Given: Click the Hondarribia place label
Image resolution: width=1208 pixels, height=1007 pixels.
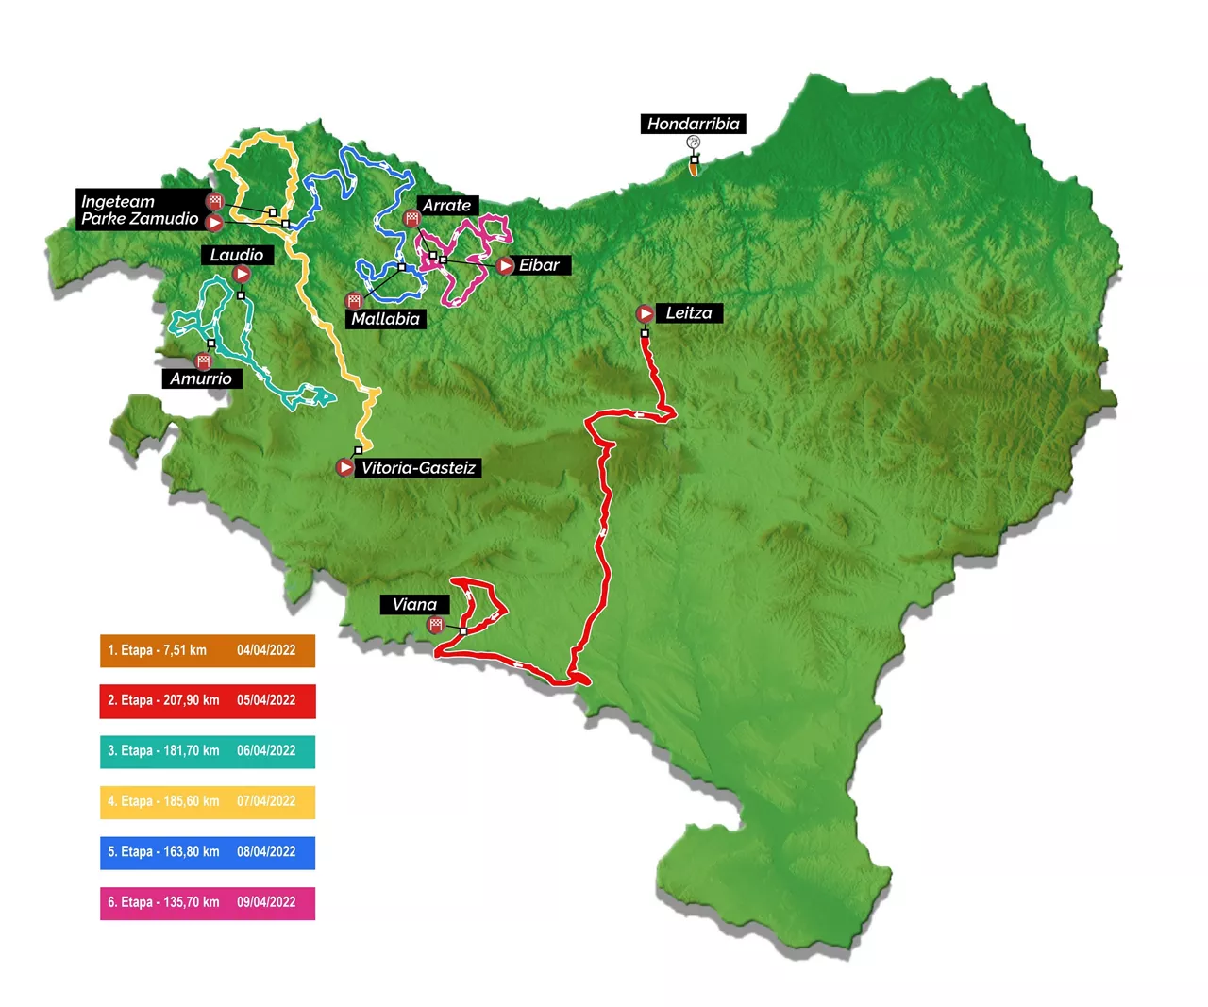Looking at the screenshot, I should point(693,124).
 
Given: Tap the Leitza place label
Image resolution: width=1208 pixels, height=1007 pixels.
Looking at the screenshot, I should point(689,313).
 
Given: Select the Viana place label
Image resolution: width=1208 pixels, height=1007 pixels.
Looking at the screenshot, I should point(414,605).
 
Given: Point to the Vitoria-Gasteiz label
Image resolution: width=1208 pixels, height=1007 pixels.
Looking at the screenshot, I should point(418,468).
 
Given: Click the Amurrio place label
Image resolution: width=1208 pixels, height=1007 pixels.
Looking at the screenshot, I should point(201,378).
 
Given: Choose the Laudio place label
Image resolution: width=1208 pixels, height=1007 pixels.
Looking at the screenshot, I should point(237,255).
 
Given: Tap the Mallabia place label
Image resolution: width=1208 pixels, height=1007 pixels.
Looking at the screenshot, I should point(385,319).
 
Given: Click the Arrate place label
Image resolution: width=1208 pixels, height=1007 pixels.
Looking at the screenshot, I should point(446,205).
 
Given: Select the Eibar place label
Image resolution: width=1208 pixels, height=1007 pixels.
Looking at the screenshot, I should point(539,265).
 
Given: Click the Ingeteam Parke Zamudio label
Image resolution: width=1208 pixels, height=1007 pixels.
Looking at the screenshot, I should point(139,210).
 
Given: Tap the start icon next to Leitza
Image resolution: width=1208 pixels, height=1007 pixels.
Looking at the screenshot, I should point(645,313).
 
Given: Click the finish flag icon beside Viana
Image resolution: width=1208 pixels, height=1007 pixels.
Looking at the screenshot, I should point(435,625).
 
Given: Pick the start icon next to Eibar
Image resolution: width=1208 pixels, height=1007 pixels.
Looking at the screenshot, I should point(506,266).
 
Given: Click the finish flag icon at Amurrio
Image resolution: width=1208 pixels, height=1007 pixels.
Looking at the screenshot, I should point(203,361).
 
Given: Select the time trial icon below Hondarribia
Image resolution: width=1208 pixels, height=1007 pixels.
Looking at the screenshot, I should point(694,143).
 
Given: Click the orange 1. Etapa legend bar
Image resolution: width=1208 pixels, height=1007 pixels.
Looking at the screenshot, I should point(208,650).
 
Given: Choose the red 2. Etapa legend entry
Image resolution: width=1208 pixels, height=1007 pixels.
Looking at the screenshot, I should point(208,701).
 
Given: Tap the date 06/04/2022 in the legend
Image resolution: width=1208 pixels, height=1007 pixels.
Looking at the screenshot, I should point(266,751).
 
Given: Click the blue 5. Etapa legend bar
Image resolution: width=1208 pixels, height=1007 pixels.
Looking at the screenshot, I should point(208,852).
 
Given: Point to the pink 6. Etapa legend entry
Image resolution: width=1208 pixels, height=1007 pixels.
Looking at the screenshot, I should point(208,903).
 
